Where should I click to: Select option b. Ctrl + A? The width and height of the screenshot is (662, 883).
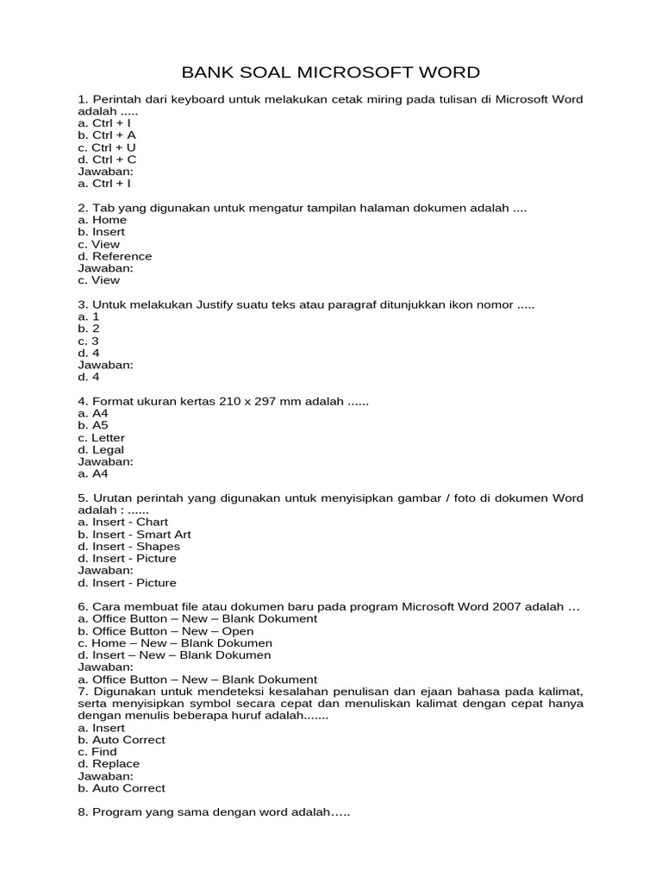click(107, 135)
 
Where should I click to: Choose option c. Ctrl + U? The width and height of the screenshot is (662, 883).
click(107, 147)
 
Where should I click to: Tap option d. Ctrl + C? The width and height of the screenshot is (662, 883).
click(107, 160)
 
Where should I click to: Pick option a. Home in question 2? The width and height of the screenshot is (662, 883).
click(102, 220)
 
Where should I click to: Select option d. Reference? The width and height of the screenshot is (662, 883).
click(115, 256)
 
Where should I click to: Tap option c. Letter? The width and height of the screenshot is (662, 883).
click(101, 438)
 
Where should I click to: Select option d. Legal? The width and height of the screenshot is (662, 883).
click(101, 450)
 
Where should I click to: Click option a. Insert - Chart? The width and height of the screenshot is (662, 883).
click(122, 523)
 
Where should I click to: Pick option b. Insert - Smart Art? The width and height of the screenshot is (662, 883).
click(134, 535)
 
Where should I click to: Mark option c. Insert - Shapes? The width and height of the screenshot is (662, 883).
click(128, 547)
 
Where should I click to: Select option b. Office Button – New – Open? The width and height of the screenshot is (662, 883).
click(165, 631)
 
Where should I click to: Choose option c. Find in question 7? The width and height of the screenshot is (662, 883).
click(97, 752)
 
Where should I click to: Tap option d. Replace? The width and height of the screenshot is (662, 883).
click(108, 764)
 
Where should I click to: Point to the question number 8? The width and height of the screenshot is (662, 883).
click(83, 812)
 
